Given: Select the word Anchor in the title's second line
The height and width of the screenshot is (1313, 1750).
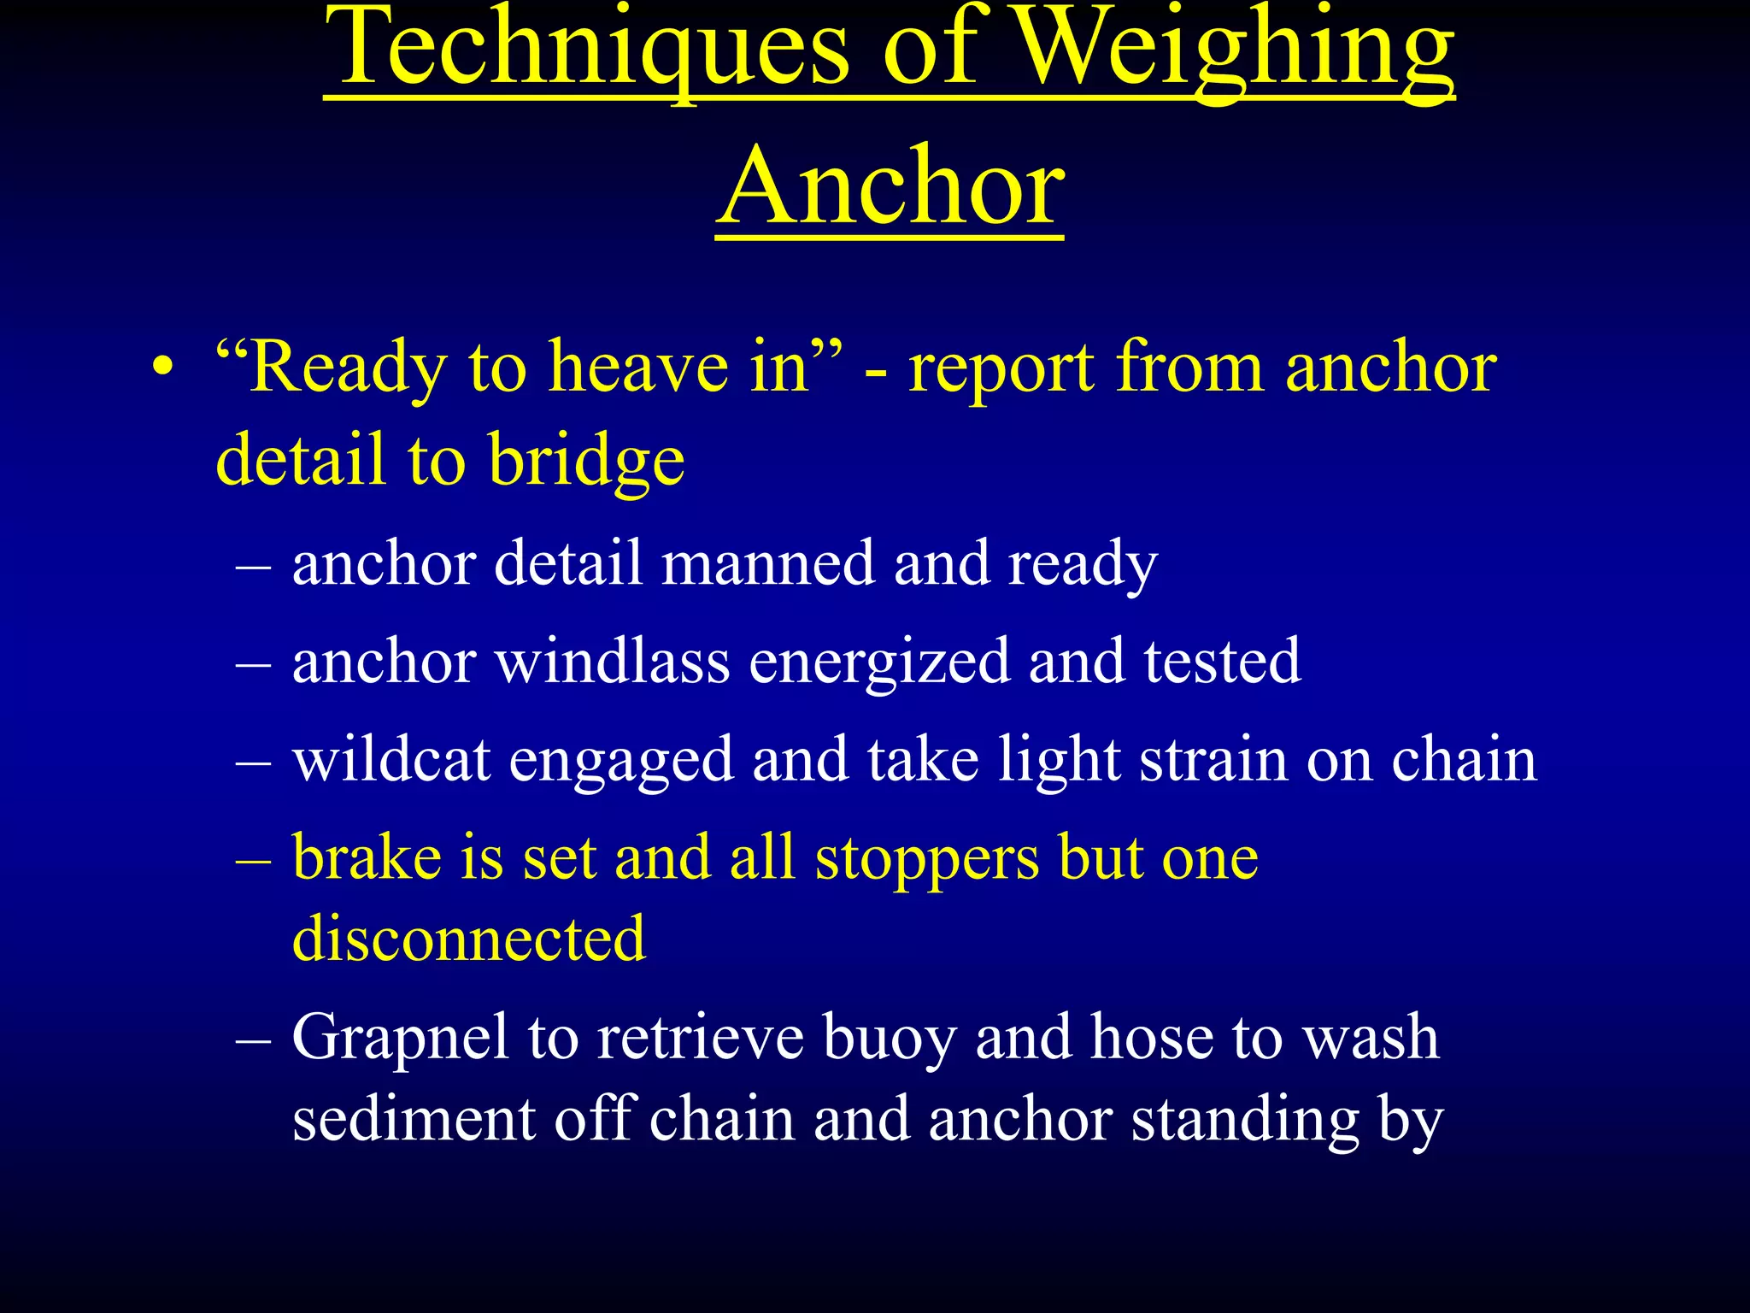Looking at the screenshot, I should (890, 188).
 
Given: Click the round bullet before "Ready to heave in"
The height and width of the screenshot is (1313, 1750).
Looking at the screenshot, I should (162, 369).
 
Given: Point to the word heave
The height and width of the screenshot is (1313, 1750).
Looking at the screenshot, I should (638, 368).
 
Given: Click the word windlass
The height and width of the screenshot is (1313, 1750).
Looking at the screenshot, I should (612, 662).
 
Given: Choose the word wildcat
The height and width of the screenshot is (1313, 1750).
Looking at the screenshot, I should (391, 760).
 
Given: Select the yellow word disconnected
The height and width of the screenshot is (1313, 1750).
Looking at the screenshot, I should (468, 939).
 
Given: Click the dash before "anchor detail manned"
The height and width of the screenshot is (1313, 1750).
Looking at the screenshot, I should (253, 567).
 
